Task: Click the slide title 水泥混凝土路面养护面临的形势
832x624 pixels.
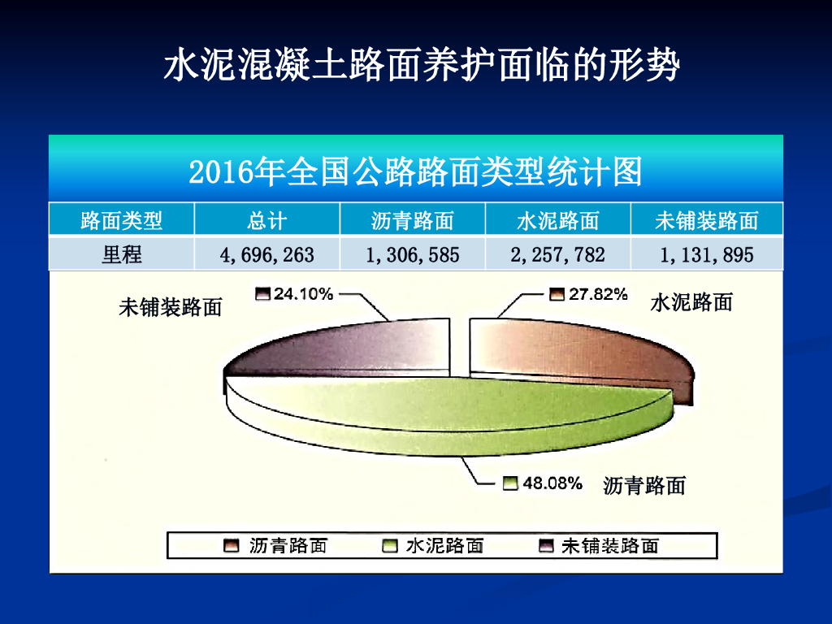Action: (422, 65)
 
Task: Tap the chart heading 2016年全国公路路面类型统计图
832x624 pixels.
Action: (415, 171)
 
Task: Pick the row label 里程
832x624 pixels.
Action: (122, 254)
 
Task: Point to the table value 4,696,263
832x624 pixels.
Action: (266, 255)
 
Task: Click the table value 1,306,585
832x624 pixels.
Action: (412, 255)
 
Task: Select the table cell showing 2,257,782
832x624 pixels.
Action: (557, 255)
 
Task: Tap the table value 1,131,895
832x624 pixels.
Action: (706, 255)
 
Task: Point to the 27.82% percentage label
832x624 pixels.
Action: (598, 294)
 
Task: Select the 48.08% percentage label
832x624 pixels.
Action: (552, 483)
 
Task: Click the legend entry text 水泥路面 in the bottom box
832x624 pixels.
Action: (444, 545)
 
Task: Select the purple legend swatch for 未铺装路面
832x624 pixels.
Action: (546, 545)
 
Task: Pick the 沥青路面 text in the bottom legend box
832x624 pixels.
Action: (288, 545)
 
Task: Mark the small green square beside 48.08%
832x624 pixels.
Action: (510, 483)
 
